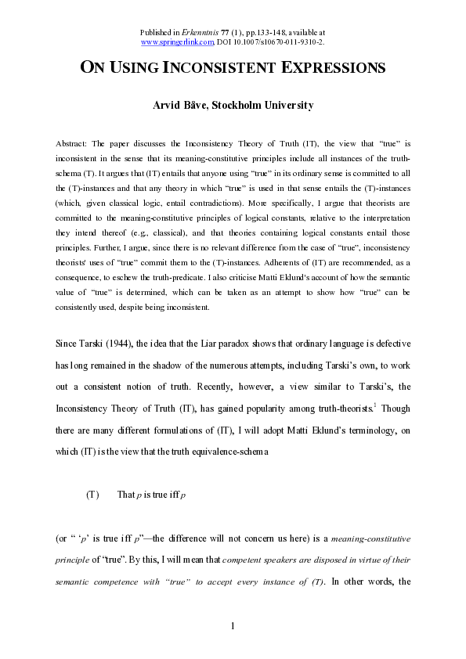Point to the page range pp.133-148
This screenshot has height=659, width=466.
(268, 31)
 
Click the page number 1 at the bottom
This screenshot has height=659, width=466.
(233, 625)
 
